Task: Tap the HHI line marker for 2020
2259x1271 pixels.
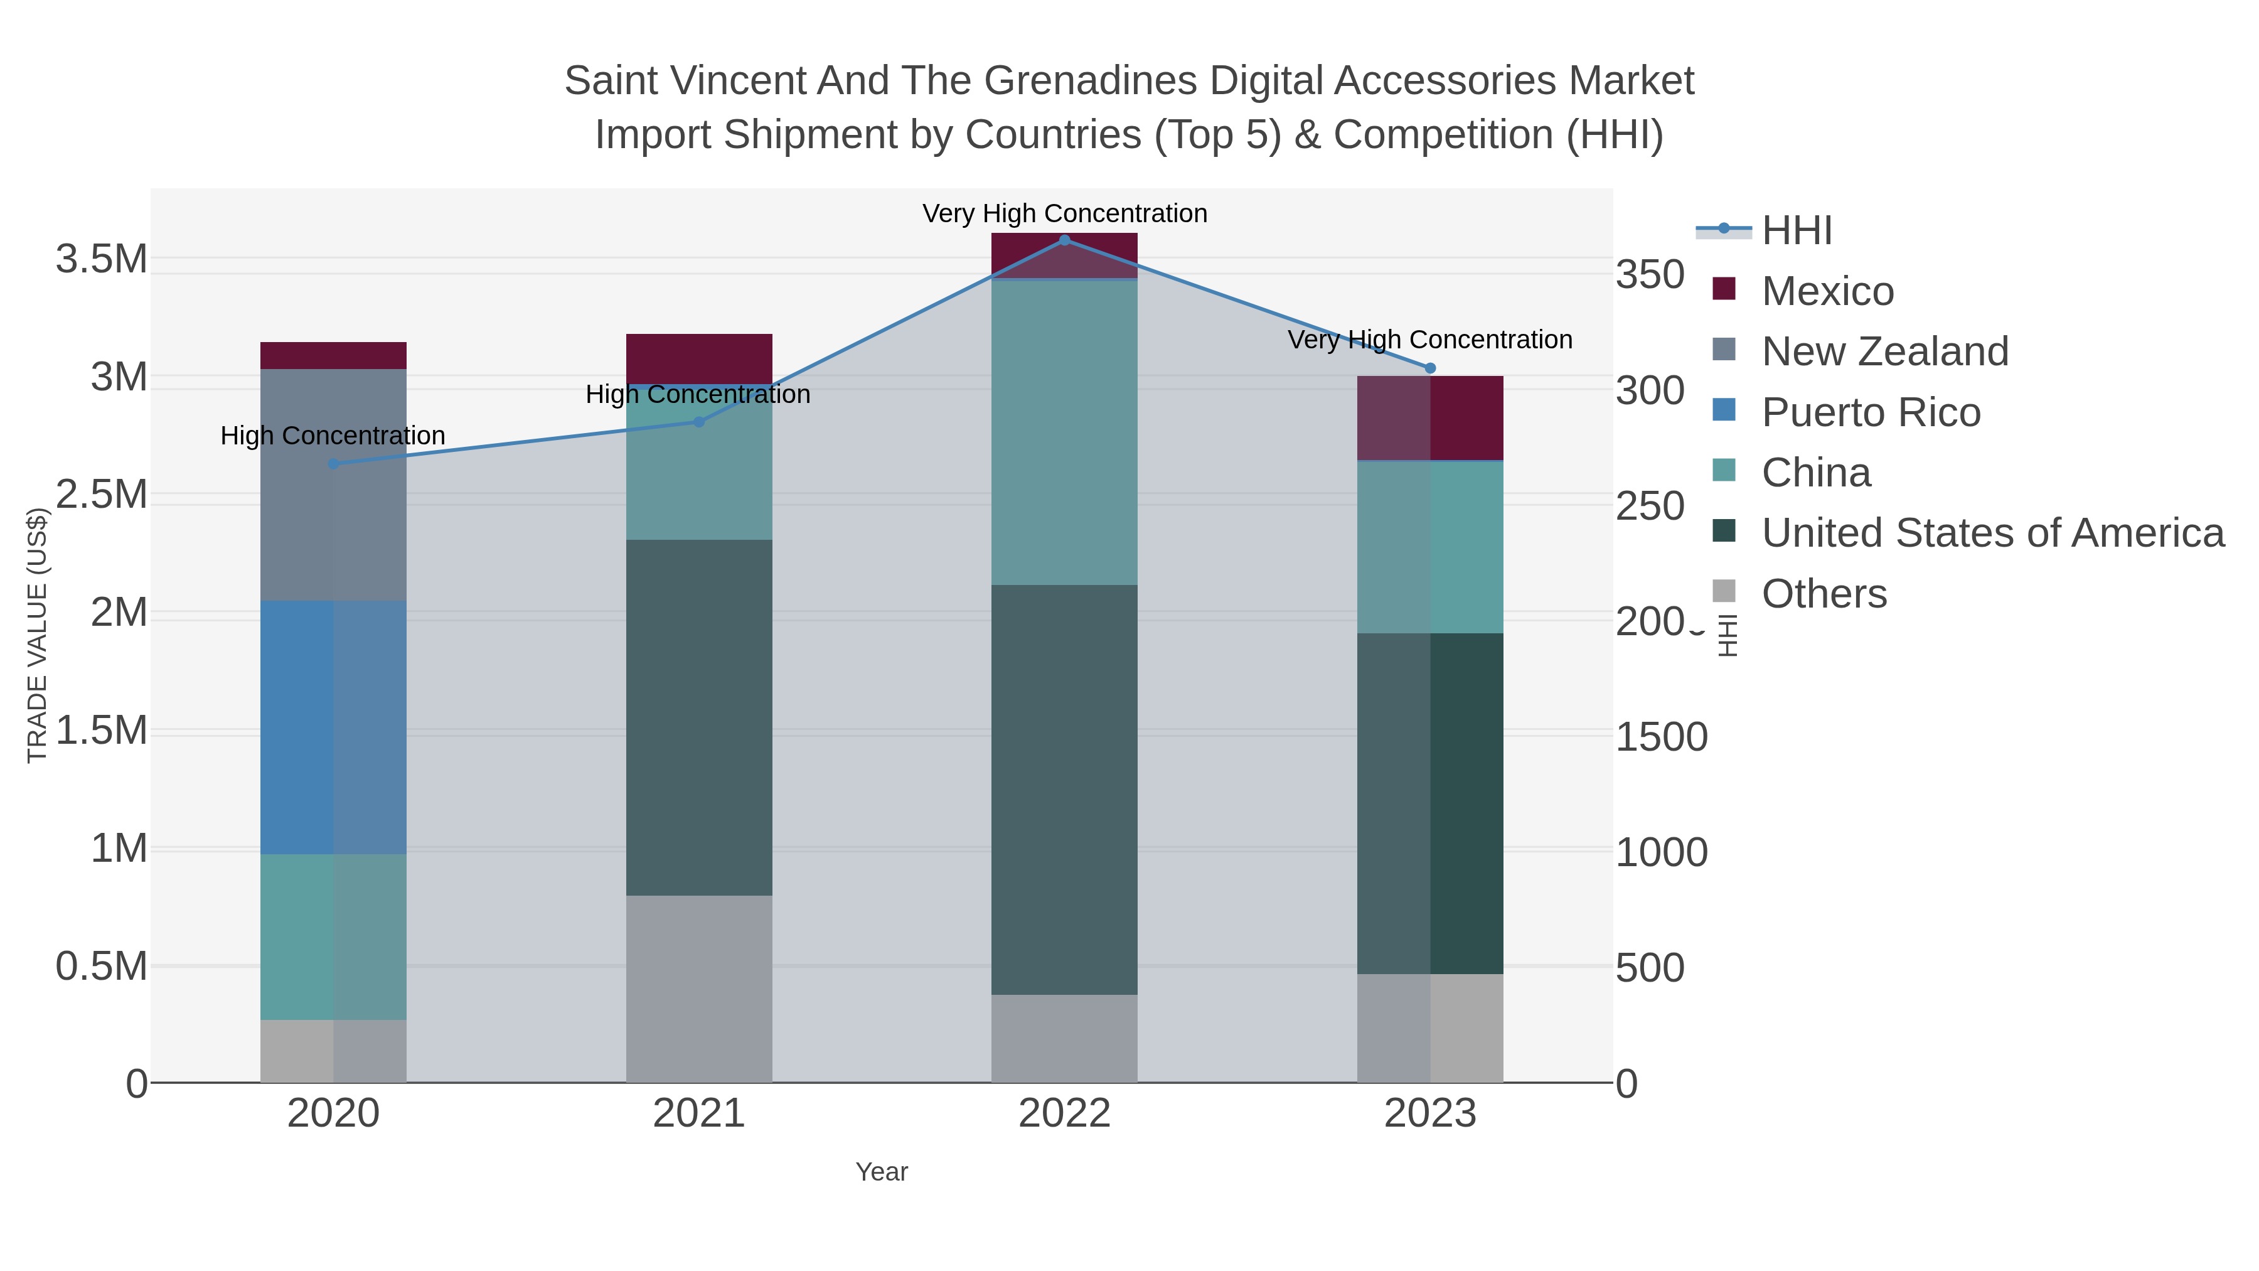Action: (x=333, y=464)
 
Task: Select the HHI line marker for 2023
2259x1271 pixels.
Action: (x=1429, y=368)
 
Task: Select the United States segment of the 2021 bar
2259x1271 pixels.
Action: (x=699, y=717)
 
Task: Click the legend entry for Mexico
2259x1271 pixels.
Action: (x=1827, y=291)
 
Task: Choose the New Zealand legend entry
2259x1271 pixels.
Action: (x=1884, y=351)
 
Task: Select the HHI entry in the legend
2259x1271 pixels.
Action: (x=1796, y=231)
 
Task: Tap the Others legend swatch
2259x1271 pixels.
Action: (x=1723, y=592)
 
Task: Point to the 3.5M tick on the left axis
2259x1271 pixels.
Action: (x=102, y=260)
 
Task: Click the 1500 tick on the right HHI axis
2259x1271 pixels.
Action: (x=1661, y=737)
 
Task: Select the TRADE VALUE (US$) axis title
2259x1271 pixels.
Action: (x=37, y=635)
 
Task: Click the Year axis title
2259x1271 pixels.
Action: (x=882, y=1172)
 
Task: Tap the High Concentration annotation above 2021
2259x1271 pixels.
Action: (x=697, y=395)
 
